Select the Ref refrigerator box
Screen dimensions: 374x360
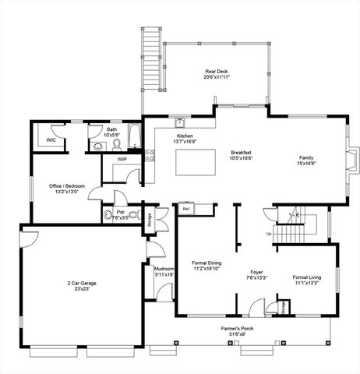pyautogui.click(x=186, y=209)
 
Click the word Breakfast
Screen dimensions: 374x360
pyautogui.click(x=241, y=153)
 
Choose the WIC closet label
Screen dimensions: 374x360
pyautogui.click(x=51, y=140)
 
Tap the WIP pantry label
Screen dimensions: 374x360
pyautogui.click(x=122, y=159)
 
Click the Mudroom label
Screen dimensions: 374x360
pyautogui.click(x=163, y=268)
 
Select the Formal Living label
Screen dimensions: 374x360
pyautogui.click(x=305, y=277)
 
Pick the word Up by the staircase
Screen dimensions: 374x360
pyautogui.click(x=270, y=234)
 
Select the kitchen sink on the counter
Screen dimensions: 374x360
pyautogui.click(x=179, y=122)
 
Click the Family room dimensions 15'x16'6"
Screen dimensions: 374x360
pyautogui.click(x=305, y=164)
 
